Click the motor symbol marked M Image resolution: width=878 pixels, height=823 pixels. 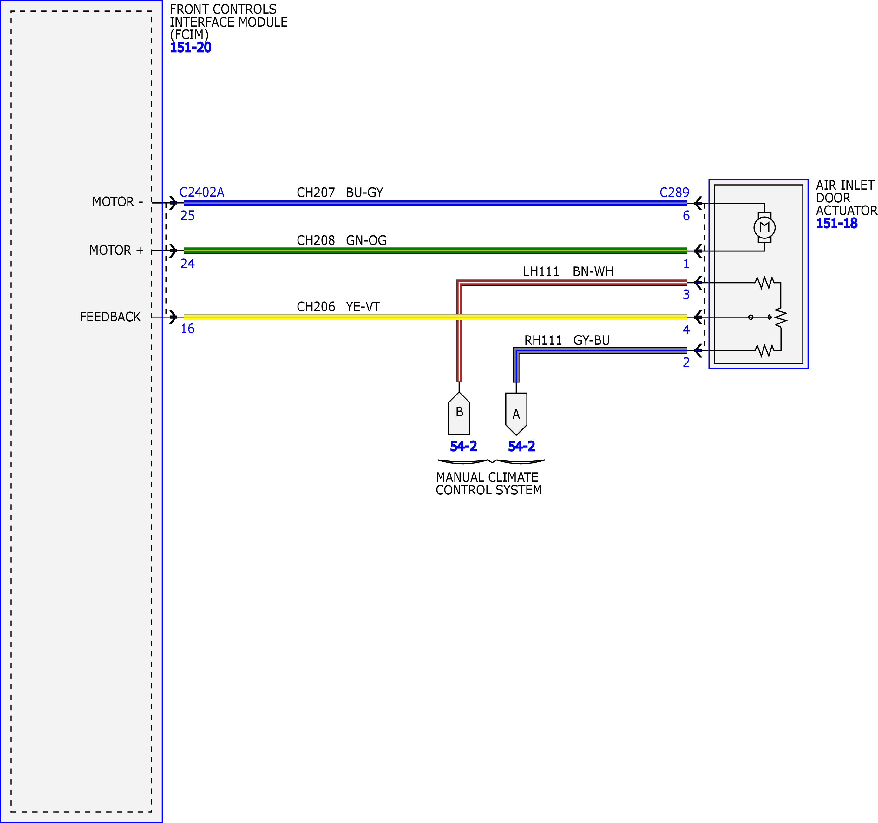click(x=764, y=227)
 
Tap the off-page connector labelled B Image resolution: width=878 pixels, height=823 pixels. click(x=459, y=413)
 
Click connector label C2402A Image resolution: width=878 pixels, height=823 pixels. click(x=202, y=192)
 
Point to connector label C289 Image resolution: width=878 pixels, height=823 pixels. click(x=674, y=192)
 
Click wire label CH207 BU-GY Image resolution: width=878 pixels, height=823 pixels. click(x=340, y=193)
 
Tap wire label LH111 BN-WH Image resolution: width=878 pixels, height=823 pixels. click(x=568, y=271)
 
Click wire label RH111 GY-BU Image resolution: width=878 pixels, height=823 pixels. click(x=567, y=340)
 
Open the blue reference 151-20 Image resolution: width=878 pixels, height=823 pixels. click(x=191, y=47)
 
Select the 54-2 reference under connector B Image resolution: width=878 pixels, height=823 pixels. click(x=463, y=446)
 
